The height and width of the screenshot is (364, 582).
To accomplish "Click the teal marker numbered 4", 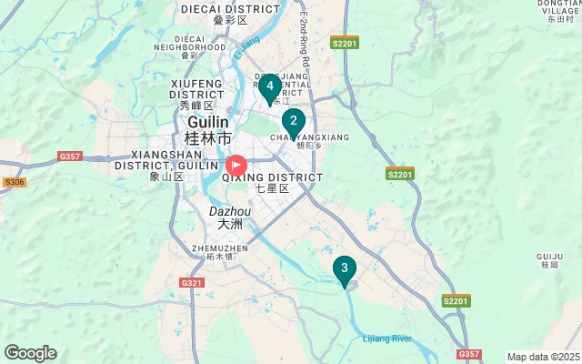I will [x=269, y=87].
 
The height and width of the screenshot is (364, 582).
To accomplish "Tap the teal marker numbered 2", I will [x=293, y=121].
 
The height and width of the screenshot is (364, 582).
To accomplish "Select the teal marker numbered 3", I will [x=344, y=268].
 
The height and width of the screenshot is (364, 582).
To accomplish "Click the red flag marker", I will [x=236, y=166].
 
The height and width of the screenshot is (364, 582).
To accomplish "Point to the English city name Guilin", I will [x=208, y=121].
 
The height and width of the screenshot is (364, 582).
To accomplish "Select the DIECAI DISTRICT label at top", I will [x=230, y=8].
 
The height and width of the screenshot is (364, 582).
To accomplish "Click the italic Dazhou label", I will [x=226, y=210].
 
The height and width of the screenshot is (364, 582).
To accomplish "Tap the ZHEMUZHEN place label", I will [x=220, y=248].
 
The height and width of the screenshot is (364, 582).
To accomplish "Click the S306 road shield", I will [x=14, y=182].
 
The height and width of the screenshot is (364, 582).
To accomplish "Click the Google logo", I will [x=30, y=353].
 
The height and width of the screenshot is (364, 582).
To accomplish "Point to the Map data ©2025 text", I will [x=543, y=357].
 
